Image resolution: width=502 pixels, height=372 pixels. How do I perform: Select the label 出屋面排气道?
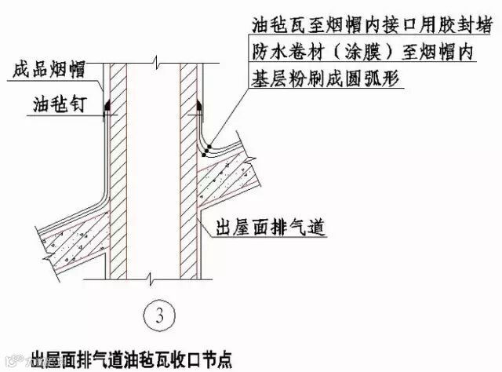coord(267,228)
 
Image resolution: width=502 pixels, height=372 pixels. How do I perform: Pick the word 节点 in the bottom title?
coord(216,354)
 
